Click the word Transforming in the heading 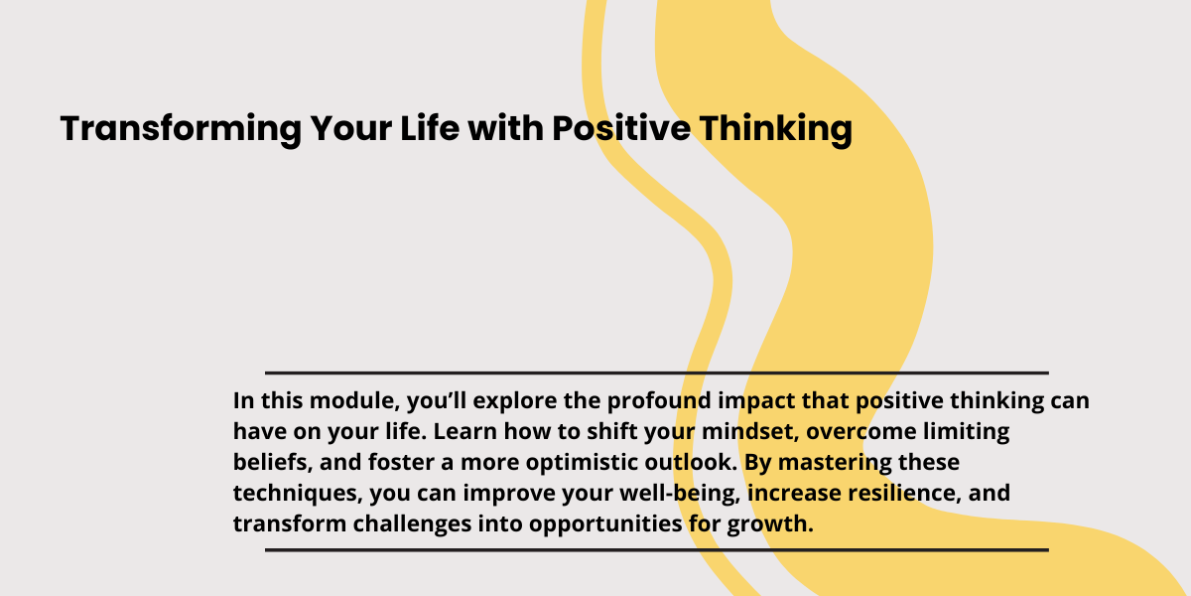[x=181, y=129]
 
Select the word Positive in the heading [x=621, y=128]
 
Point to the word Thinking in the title [x=776, y=129]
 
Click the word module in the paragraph [x=354, y=400]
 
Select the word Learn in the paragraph [x=464, y=431]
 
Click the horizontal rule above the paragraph [x=657, y=373]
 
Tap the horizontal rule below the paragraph [x=657, y=550]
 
